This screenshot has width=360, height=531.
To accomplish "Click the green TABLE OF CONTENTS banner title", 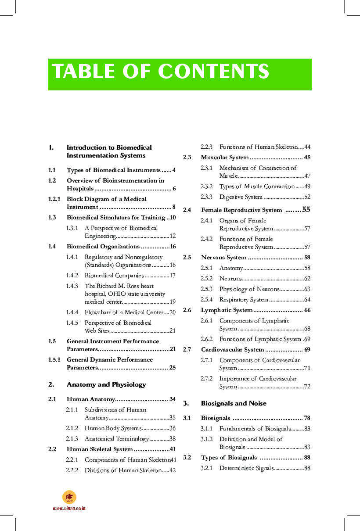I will coord(161,72).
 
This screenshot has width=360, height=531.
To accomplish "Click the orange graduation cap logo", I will coord(69,497).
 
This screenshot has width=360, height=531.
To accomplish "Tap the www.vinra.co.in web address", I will coord(69,508).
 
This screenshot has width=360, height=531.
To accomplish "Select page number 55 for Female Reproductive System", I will coord(306,210).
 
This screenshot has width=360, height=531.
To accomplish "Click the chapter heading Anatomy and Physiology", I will coord(106,384).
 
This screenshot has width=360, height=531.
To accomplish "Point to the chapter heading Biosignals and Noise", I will coord(234,403).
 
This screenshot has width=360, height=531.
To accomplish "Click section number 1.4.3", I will coord(72,286).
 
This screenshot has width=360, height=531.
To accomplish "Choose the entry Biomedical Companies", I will coord(114,276).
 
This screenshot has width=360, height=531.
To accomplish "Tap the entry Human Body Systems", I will coord(113,428).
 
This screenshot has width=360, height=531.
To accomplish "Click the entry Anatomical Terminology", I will coord(117,439).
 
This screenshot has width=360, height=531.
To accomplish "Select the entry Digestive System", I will coord(241,197).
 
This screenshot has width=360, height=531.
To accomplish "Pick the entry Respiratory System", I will coord(244,300).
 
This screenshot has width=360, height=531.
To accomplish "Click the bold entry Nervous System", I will coord(224,258).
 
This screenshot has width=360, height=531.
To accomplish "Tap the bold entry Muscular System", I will coord(225,158).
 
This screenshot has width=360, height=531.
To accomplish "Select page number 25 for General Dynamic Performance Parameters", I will coord(172,367).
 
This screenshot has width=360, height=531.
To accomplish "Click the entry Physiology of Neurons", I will coord(249,289).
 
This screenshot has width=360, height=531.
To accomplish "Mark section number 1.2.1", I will coord(54,199).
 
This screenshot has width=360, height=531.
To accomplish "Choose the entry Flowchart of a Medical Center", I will coord(123,312).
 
